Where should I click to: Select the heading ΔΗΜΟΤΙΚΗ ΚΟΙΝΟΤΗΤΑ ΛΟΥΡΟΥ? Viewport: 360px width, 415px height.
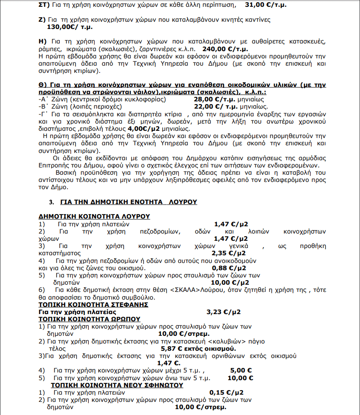[x=94, y=216]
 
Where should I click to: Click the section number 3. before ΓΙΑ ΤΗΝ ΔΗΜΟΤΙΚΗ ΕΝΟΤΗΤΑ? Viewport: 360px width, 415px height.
[x=51, y=201]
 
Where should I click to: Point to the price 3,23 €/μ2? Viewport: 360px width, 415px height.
[x=223, y=312]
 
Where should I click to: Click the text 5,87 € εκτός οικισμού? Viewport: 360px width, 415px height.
[x=198, y=348]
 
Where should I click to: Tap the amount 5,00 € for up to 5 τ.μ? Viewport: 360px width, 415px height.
[x=238, y=370]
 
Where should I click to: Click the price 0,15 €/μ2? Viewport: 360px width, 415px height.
[x=226, y=392]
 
